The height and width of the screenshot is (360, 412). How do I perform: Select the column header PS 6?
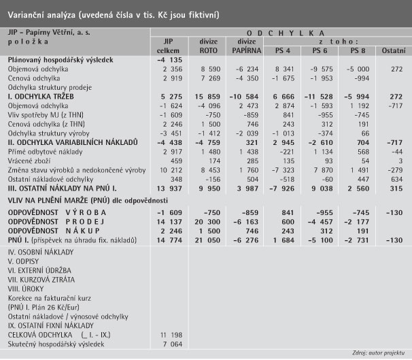318,51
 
